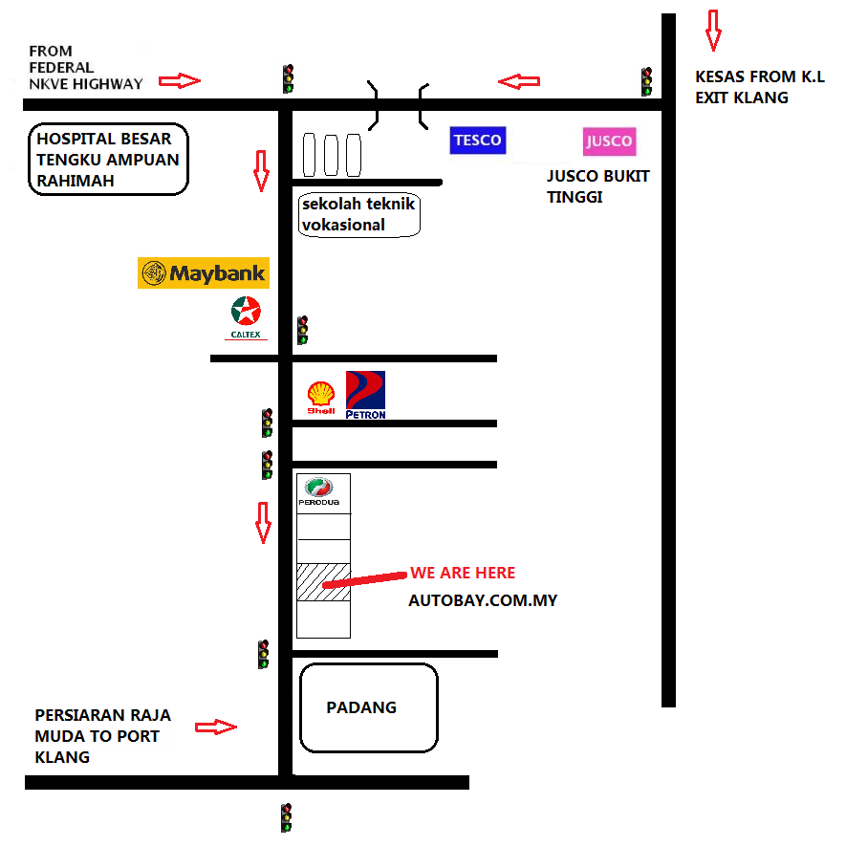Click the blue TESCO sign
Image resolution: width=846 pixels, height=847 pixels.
[x=477, y=141]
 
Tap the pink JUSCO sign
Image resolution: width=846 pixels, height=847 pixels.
[x=609, y=142]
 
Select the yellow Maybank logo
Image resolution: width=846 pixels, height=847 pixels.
[x=203, y=273]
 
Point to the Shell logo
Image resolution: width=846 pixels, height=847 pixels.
[x=320, y=396]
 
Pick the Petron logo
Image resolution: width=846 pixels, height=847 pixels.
[x=365, y=395]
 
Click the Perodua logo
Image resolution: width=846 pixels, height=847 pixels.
[x=323, y=491]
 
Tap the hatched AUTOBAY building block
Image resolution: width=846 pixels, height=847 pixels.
[x=323, y=582]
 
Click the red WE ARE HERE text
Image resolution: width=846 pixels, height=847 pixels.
[x=463, y=573]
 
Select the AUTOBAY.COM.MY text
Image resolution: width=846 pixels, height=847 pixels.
[x=483, y=600]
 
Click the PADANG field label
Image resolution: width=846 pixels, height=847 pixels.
[x=361, y=707]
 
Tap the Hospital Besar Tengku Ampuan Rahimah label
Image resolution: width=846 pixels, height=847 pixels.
[x=108, y=160]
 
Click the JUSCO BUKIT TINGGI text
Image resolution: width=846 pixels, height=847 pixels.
[x=598, y=186]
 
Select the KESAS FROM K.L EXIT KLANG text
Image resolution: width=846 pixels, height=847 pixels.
[x=759, y=86]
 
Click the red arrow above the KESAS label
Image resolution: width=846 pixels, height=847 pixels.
[x=712, y=30]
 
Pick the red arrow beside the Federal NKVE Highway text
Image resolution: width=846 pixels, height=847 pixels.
[x=179, y=81]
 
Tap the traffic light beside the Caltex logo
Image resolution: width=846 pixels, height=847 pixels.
[x=303, y=330]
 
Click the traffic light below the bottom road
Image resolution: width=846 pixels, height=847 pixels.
[x=286, y=817]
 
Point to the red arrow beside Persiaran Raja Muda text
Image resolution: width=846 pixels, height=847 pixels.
[x=215, y=728]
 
